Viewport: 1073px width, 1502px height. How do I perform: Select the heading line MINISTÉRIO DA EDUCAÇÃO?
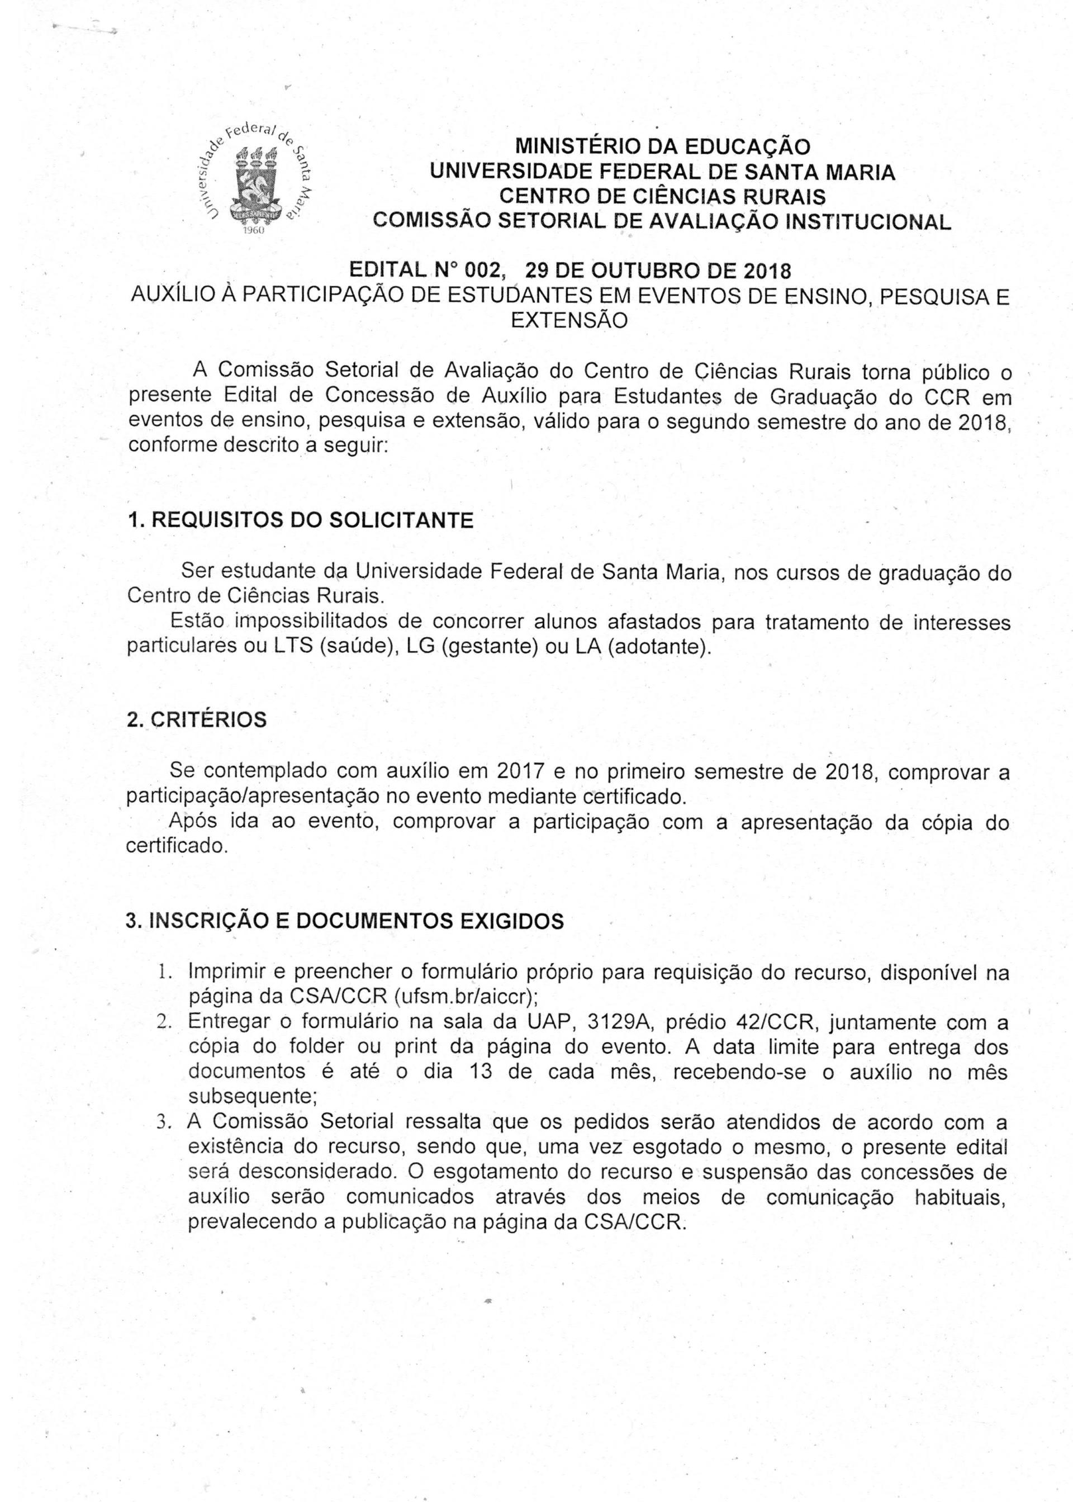[x=662, y=145]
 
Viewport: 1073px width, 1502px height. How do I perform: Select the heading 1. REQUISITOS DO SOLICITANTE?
[x=300, y=520]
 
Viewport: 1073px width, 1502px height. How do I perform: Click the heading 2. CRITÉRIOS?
[x=196, y=719]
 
